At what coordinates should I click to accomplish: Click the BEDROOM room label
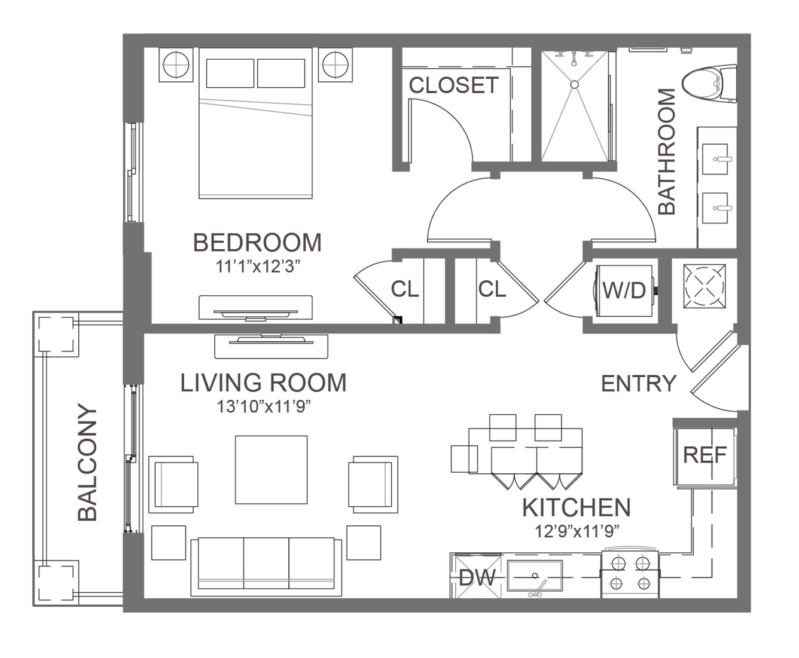pos(257,243)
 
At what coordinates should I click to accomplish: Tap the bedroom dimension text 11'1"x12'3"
pos(257,267)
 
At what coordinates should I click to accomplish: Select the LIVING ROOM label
pos(263,382)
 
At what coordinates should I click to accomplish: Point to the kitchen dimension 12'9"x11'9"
pos(577,531)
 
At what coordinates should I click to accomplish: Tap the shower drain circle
pos(574,84)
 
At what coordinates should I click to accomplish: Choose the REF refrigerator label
pos(705,455)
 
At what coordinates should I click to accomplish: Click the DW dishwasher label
pos(477,577)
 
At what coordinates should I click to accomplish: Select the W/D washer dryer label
pos(624,290)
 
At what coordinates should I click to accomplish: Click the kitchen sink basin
pos(535,576)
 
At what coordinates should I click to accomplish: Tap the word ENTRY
pos(639,384)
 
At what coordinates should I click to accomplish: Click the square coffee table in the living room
pos(272,470)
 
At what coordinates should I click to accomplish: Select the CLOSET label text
pos(453,85)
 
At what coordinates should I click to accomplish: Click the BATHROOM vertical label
pos(667,151)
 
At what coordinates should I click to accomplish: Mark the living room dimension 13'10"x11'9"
pos(263,406)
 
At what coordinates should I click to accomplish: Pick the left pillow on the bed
pos(230,73)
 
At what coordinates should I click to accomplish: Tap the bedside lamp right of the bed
pos(336,65)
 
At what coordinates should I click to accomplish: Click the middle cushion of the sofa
pos(266,563)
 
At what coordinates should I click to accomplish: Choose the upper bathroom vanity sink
pos(715,159)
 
